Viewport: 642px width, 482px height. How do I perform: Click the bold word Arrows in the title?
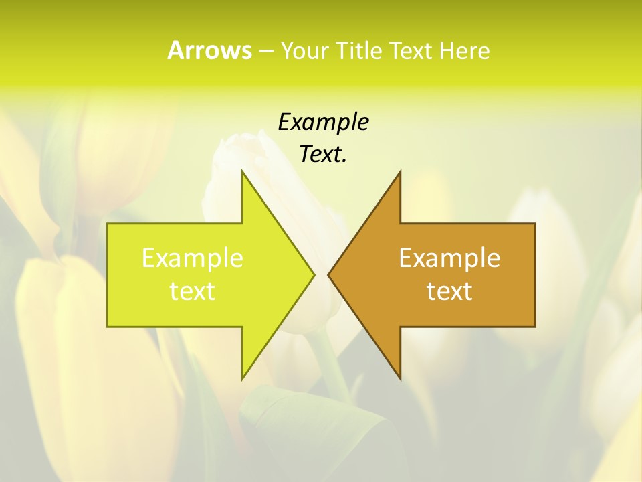coord(209,50)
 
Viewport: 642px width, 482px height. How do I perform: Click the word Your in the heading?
coord(303,51)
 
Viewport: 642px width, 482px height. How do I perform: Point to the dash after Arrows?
coord(265,51)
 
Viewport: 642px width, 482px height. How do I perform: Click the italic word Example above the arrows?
coord(323,122)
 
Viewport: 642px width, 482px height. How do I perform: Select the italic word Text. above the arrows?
coord(323,155)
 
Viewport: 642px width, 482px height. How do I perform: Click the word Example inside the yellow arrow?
coord(193,258)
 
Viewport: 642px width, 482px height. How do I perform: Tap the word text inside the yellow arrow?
coord(193,291)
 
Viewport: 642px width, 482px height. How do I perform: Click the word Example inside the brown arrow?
coord(449,258)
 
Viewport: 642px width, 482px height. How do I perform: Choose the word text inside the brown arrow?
coord(449,291)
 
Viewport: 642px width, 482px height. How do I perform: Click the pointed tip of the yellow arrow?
coord(313,274)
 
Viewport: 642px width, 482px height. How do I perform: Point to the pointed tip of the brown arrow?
coord(329,274)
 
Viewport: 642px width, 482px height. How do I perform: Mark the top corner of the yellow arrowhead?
coord(243,173)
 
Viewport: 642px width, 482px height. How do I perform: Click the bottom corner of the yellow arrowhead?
coord(243,378)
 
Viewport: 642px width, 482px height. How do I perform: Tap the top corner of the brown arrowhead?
coord(400,173)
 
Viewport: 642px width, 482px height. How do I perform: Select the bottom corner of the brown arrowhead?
coord(400,378)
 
